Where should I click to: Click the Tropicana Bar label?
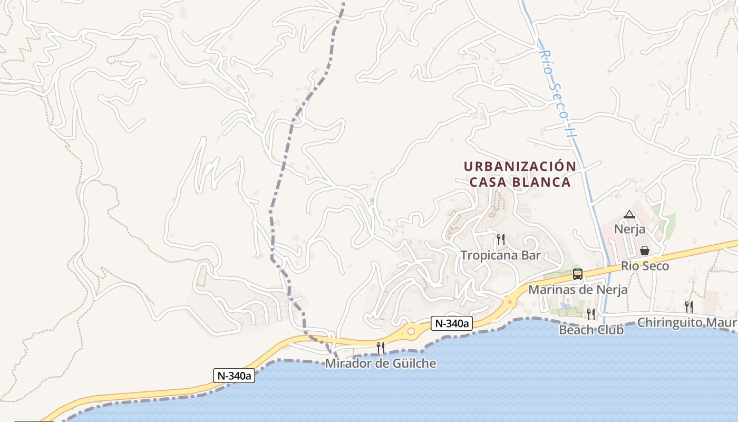click(x=501, y=255)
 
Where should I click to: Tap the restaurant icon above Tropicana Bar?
click(x=501, y=239)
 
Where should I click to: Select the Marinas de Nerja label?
click(x=578, y=290)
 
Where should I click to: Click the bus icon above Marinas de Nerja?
click(x=578, y=274)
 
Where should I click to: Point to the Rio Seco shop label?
click(x=645, y=266)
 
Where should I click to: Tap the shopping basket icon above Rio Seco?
click(x=644, y=251)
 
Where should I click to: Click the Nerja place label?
click(x=629, y=229)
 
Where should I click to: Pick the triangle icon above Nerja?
click(x=629, y=215)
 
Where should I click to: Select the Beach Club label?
click(x=591, y=330)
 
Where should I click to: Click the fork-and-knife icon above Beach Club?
click(x=591, y=314)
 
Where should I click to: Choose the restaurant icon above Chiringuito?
click(x=688, y=306)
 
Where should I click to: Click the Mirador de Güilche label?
click(x=381, y=363)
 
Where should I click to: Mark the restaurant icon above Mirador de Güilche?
click(x=381, y=347)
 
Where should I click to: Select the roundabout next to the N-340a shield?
click(x=411, y=331)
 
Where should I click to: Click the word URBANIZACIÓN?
click(x=520, y=166)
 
